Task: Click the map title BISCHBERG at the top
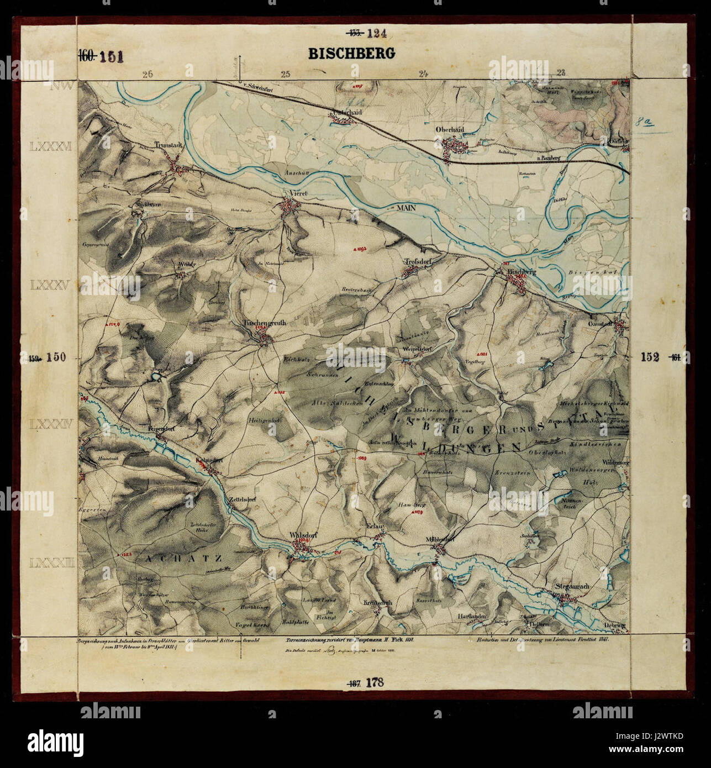coord(351,54)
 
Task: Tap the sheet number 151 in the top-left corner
coord(111,56)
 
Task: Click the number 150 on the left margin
coord(56,357)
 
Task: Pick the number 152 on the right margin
coord(650,357)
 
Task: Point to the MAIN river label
coord(405,207)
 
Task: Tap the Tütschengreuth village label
coord(266,323)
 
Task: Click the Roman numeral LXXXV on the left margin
coord(49,286)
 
